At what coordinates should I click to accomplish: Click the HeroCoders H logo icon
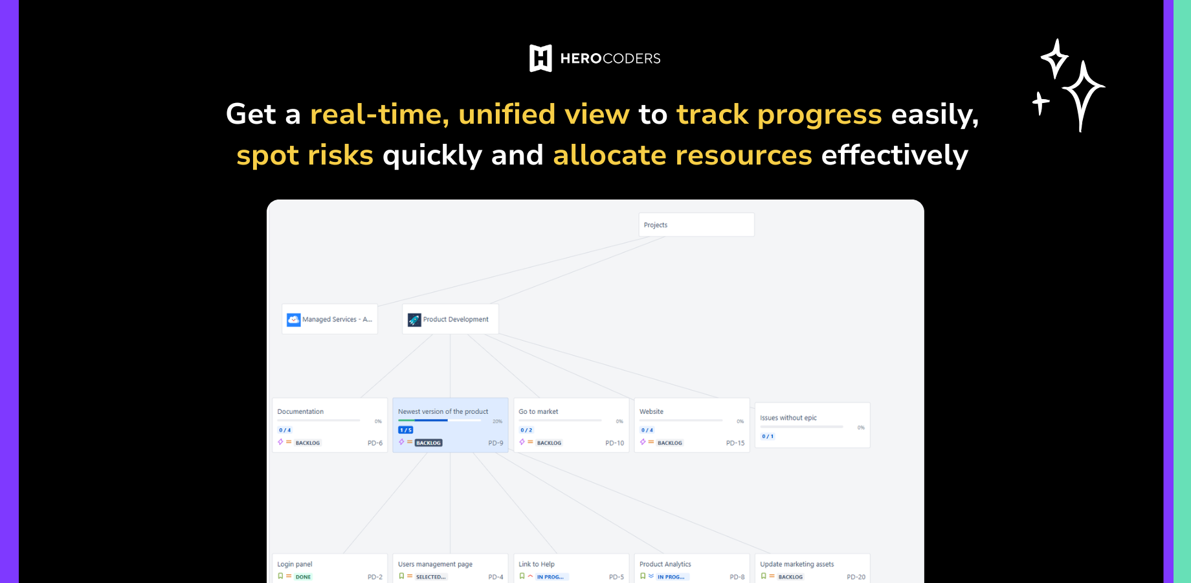(x=540, y=58)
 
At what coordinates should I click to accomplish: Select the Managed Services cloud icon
(x=294, y=319)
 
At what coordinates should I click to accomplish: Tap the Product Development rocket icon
(x=414, y=319)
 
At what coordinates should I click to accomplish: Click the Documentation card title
(x=300, y=411)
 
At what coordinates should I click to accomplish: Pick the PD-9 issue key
(x=495, y=443)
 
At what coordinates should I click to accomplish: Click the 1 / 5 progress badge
(x=406, y=430)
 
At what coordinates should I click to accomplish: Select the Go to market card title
(x=538, y=411)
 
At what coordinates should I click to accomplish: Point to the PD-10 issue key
(x=614, y=443)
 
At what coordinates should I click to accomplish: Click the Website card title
(x=651, y=411)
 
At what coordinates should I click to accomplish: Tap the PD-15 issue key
(x=735, y=443)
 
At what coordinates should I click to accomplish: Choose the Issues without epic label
(x=788, y=418)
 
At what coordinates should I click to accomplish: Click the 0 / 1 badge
(x=768, y=437)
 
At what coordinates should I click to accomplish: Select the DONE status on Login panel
(x=303, y=577)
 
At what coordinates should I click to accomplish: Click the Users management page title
(x=435, y=564)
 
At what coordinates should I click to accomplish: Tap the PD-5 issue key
(x=616, y=577)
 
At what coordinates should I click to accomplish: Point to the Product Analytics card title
(x=665, y=564)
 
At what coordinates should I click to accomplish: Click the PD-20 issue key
(x=856, y=577)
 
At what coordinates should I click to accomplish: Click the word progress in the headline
(x=819, y=115)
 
